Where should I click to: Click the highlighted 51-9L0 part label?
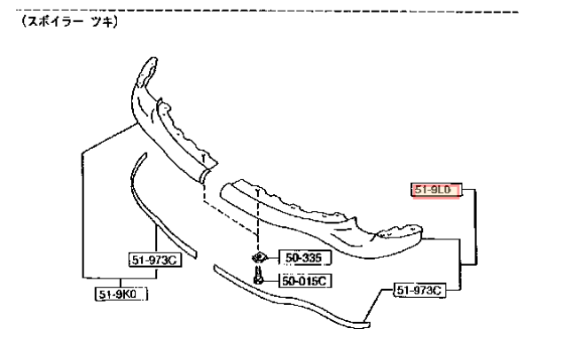[x=436, y=190]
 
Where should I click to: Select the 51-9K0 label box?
[x=121, y=293]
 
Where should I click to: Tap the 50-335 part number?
[x=304, y=258]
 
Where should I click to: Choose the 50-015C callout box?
[x=305, y=281]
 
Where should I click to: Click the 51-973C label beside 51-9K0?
[x=155, y=261]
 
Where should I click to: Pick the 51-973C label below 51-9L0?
[x=419, y=291]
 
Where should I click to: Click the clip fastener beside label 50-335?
[x=259, y=258]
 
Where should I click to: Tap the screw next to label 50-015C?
[x=258, y=276]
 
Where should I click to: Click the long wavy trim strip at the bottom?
[x=292, y=300]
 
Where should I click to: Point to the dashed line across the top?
[x=268, y=11]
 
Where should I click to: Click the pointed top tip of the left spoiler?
[x=153, y=59]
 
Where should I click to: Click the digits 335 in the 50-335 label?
[x=310, y=258]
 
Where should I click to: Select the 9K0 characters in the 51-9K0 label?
[x=127, y=294]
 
